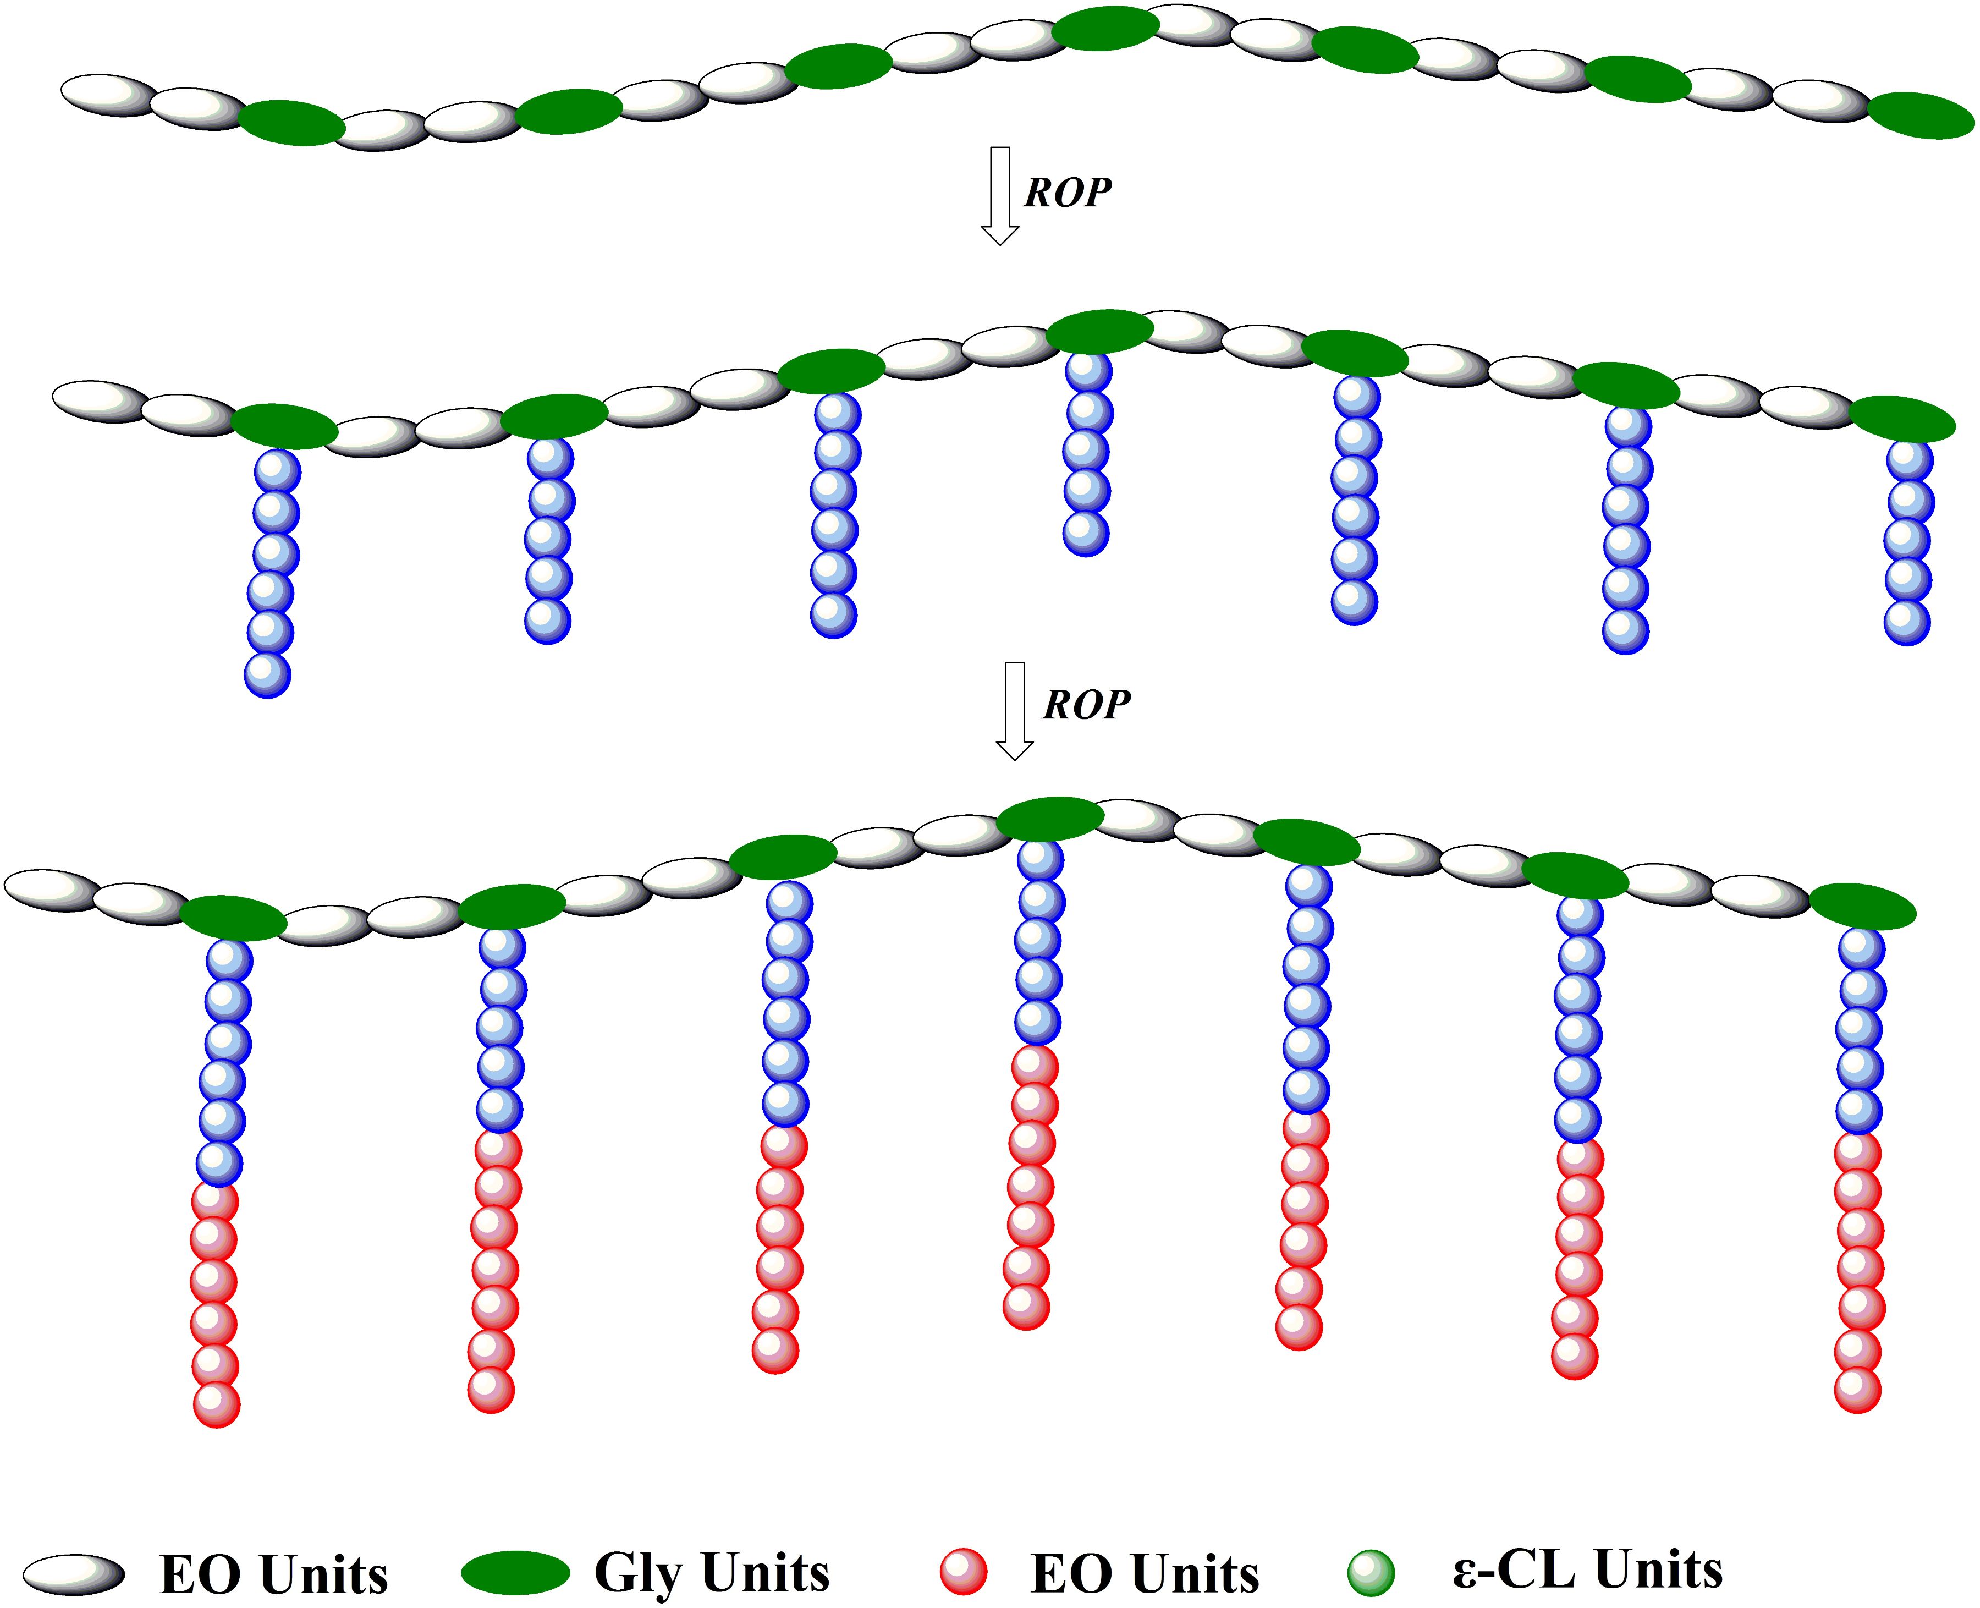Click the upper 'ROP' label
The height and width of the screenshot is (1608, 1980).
[1067, 192]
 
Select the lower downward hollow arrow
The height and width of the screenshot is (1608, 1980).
[1014, 710]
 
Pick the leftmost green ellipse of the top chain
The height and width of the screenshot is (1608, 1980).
[291, 123]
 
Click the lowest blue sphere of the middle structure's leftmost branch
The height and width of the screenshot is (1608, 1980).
[268, 674]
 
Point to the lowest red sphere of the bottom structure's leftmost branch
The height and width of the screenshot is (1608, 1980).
[217, 1404]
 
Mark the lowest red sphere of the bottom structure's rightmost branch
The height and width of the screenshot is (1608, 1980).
[1858, 1390]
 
